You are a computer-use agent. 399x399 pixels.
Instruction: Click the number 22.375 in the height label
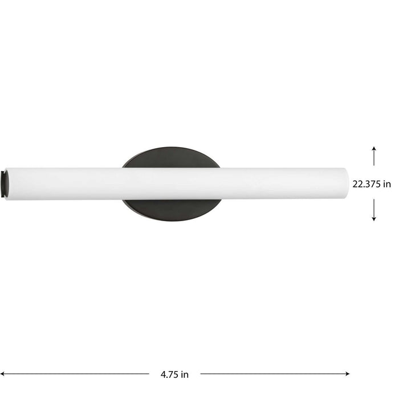[x=368, y=184]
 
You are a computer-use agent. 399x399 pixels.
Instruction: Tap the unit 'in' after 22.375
[x=388, y=184]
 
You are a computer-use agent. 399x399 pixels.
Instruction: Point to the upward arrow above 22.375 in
[x=374, y=156]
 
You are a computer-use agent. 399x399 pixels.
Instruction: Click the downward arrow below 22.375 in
[x=374, y=211]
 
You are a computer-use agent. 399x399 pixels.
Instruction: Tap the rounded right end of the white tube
[x=345, y=183]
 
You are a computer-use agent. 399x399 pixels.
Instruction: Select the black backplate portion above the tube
[x=171, y=158]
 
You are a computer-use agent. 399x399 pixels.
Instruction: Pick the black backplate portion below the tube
[x=171, y=209]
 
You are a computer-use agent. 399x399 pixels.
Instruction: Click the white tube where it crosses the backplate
[x=171, y=183]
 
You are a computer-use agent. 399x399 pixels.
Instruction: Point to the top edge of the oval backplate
[x=171, y=148]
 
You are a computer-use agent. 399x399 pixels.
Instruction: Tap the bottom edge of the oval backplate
[x=171, y=221]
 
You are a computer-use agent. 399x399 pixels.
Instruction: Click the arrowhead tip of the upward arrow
[x=374, y=147]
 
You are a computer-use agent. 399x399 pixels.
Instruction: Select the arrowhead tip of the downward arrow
[x=374, y=220]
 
